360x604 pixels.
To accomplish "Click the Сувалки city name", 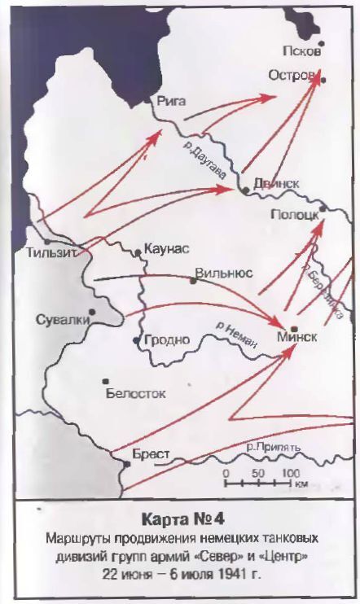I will pos(62,320).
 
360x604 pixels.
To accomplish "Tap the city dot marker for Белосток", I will pos(104,381).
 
